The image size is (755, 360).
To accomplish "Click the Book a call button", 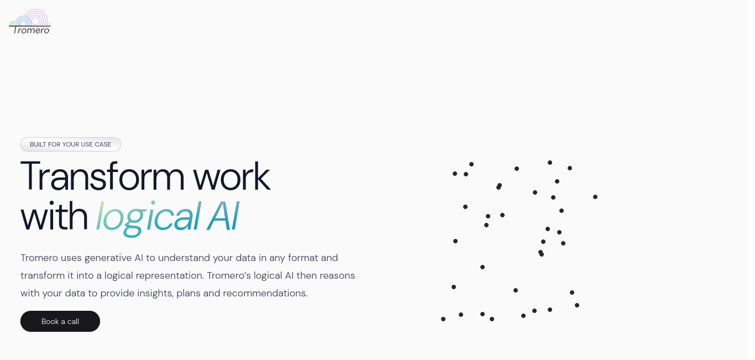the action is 60,321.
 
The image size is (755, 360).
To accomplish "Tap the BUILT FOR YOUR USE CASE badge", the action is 70,144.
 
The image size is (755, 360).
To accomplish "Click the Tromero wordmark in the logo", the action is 31,30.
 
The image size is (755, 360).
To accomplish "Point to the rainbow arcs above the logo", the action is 30,18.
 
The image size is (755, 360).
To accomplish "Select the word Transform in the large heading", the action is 102,176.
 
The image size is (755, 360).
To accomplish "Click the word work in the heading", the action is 232,176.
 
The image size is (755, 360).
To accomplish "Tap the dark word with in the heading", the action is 54,216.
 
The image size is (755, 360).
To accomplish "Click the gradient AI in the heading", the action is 223,216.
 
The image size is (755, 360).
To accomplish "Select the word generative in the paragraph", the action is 108,258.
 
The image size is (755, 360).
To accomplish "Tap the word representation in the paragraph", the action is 170,276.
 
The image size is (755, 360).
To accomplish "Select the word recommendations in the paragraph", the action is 265,293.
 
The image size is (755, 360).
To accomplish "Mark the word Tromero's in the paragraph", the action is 229,275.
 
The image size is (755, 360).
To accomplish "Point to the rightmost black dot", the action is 595,197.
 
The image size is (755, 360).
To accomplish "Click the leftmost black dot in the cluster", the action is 443,319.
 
